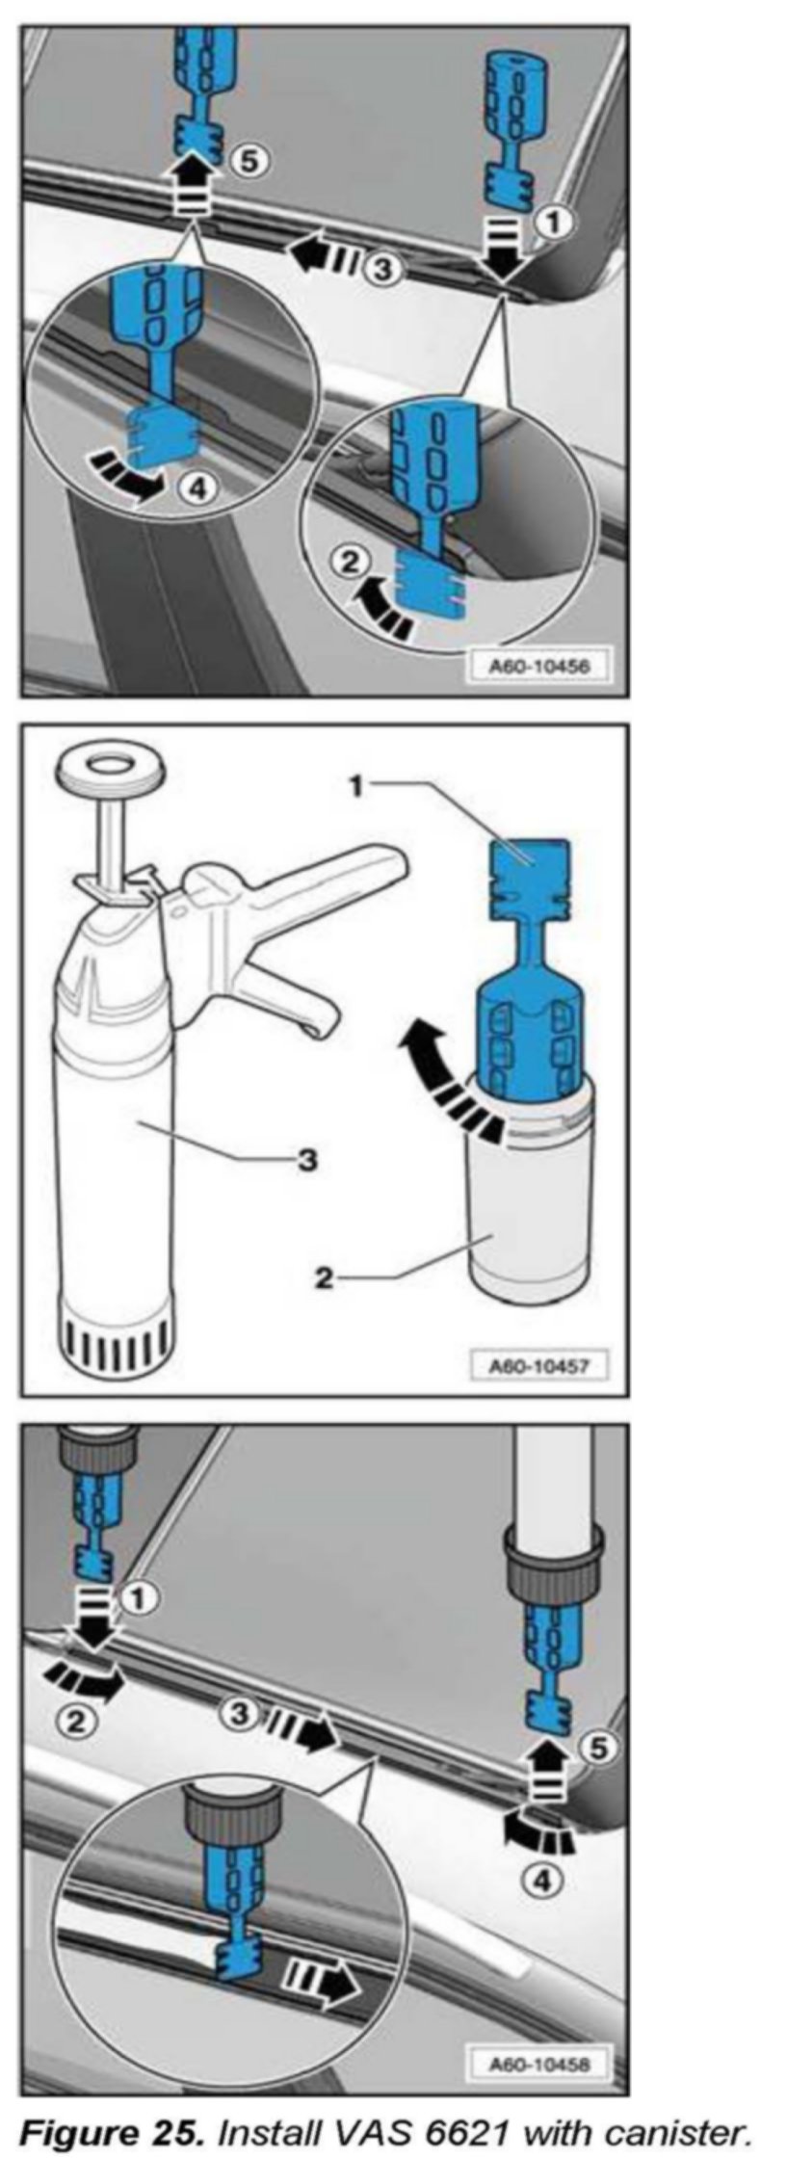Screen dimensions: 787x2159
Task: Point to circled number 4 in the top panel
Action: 195,489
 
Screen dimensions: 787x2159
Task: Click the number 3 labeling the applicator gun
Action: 307,1160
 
